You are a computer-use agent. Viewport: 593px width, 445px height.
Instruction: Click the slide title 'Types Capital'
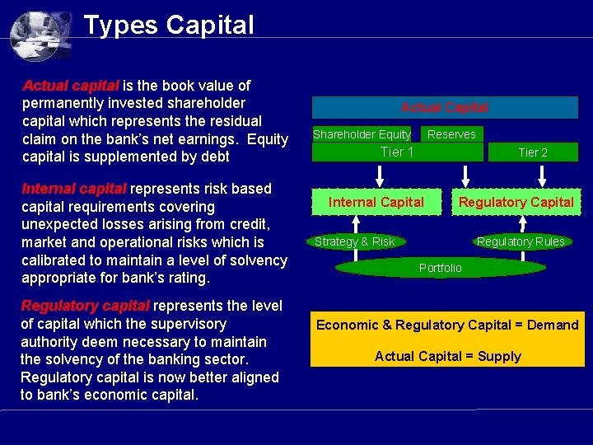pos(169,25)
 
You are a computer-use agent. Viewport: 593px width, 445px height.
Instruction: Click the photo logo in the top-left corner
pos(40,34)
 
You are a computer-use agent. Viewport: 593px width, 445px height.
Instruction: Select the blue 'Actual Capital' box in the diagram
pos(445,108)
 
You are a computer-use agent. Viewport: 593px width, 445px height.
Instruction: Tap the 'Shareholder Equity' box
pos(362,134)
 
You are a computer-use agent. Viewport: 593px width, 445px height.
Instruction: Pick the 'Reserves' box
pos(451,134)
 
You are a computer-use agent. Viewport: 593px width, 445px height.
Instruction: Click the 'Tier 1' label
pos(397,152)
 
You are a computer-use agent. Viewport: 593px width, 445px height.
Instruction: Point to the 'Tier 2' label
pos(533,152)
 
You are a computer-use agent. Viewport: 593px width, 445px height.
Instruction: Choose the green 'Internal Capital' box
pos(376,202)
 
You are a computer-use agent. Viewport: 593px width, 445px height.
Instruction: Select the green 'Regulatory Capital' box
pos(516,202)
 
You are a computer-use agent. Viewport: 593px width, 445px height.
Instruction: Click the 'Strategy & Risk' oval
pos(355,241)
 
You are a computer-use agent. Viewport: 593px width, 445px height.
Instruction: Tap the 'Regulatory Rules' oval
pos(521,241)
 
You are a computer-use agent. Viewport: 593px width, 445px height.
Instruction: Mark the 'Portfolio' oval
pos(441,268)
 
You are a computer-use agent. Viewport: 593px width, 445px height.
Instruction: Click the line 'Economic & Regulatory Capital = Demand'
pos(447,325)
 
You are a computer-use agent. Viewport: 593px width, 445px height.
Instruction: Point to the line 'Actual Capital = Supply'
pos(447,356)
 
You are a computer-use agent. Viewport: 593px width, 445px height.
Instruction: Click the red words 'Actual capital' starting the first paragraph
pos(71,85)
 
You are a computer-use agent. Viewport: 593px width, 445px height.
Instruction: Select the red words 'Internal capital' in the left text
pos(73,189)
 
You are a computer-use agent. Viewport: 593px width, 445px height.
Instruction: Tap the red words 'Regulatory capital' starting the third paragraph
pos(85,306)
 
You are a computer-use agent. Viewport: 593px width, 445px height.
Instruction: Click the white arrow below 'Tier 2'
pos(540,175)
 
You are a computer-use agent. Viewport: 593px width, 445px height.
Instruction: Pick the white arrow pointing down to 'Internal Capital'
pos(380,175)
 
